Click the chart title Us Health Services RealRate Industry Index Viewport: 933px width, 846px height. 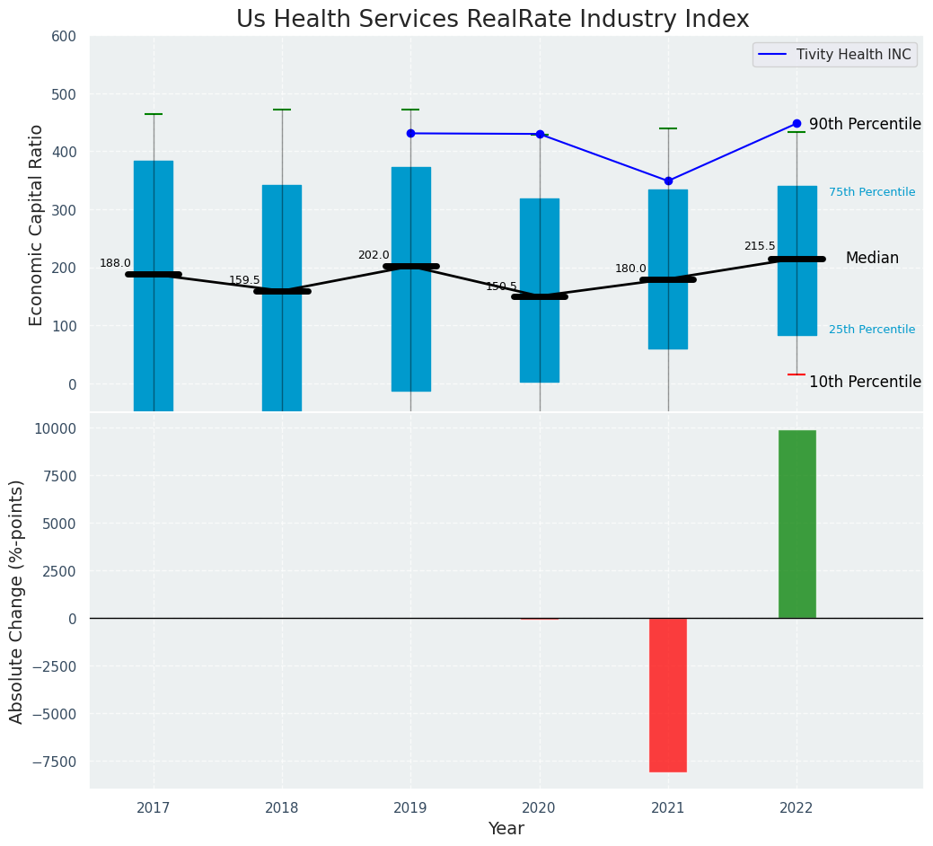(492, 20)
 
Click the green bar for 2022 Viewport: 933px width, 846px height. (797, 524)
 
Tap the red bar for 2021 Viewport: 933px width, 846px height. (668, 694)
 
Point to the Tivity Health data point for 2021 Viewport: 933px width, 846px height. (668, 181)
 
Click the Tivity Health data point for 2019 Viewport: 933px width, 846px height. (410, 133)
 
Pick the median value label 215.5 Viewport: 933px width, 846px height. (760, 246)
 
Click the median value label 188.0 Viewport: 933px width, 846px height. (115, 263)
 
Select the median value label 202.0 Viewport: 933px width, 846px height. (374, 255)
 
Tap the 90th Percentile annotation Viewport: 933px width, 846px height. (865, 124)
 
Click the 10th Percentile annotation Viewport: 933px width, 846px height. (865, 382)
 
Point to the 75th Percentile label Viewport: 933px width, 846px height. (872, 192)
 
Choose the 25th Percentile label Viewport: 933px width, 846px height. (872, 330)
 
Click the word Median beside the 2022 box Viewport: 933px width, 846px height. (872, 258)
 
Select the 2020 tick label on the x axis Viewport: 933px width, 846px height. (540, 808)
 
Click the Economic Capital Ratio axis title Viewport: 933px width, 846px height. (37, 225)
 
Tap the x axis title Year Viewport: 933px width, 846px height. (506, 829)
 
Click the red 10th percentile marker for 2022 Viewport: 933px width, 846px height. (797, 375)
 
